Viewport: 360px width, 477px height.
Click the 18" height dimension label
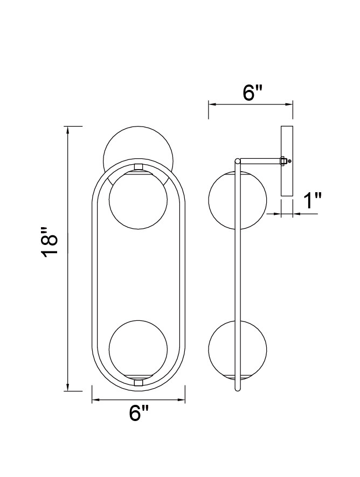[49, 242]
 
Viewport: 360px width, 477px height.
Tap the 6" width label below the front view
[139, 413]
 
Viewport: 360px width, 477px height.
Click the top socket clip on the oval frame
[139, 167]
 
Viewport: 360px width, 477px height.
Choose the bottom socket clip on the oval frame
[139, 382]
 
